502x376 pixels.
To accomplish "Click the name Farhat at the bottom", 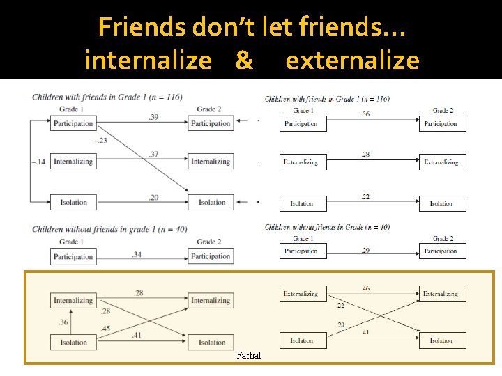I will (x=249, y=356).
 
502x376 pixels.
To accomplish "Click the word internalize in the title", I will (x=148, y=61).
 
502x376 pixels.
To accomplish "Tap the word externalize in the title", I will (x=352, y=61).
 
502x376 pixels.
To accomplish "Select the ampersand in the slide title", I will (x=244, y=61).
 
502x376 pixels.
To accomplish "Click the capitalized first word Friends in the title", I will (x=142, y=28).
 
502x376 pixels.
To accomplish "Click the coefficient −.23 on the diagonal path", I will (x=101, y=141).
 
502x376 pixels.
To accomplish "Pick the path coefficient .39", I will (x=153, y=117).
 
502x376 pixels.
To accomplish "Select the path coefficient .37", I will (x=153, y=155).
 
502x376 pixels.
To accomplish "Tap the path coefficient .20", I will (x=153, y=197).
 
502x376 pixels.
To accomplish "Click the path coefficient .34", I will (x=137, y=254).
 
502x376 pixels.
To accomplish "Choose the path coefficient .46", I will (x=366, y=288).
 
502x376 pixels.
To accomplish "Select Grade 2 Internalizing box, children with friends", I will (x=211, y=162).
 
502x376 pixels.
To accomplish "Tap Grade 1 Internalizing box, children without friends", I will (x=73, y=301).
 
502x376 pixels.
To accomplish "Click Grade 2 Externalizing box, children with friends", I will (x=441, y=162).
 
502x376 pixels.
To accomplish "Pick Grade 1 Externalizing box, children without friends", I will (x=302, y=294).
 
